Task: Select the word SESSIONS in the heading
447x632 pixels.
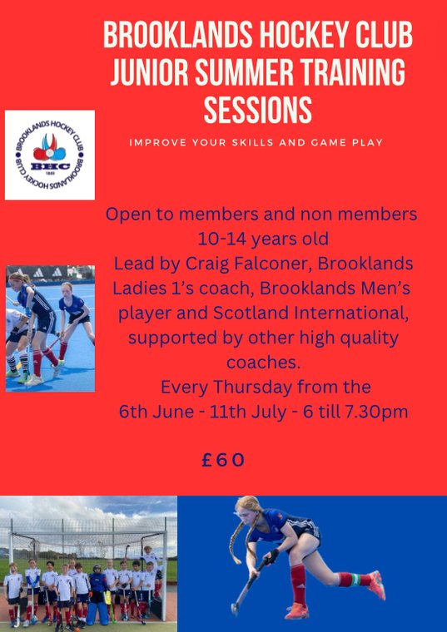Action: tap(258, 110)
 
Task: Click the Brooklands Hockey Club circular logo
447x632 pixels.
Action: tap(50, 156)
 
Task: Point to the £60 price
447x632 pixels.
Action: tap(224, 460)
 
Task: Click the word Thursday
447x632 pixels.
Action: tap(266, 387)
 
